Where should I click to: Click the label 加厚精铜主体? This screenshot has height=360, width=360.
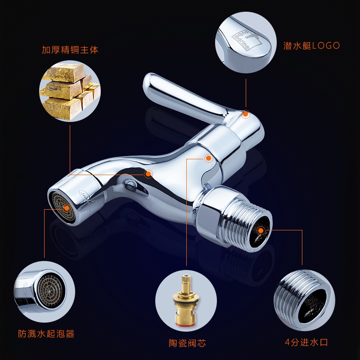(70, 50)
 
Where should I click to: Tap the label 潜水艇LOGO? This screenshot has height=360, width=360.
(311, 46)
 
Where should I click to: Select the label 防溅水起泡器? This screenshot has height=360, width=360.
(46, 333)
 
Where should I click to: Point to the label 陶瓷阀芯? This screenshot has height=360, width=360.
(187, 343)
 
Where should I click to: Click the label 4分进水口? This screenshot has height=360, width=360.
(306, 342)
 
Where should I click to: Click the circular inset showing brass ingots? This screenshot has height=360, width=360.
(70, 91)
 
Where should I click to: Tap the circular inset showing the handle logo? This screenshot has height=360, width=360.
(246, 42)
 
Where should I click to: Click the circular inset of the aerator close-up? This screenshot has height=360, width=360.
(44, 292)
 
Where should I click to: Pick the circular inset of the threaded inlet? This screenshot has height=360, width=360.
(305, 300)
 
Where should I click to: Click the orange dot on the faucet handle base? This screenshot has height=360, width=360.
(246, 114)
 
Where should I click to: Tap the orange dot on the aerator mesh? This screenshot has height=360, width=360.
(67, 208)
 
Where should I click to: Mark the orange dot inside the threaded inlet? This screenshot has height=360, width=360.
(261, 230)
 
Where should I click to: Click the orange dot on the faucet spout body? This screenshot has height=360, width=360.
(148, 174)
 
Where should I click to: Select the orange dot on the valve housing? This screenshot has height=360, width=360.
(208, 158)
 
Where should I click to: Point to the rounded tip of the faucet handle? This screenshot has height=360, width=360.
(149, 81)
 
